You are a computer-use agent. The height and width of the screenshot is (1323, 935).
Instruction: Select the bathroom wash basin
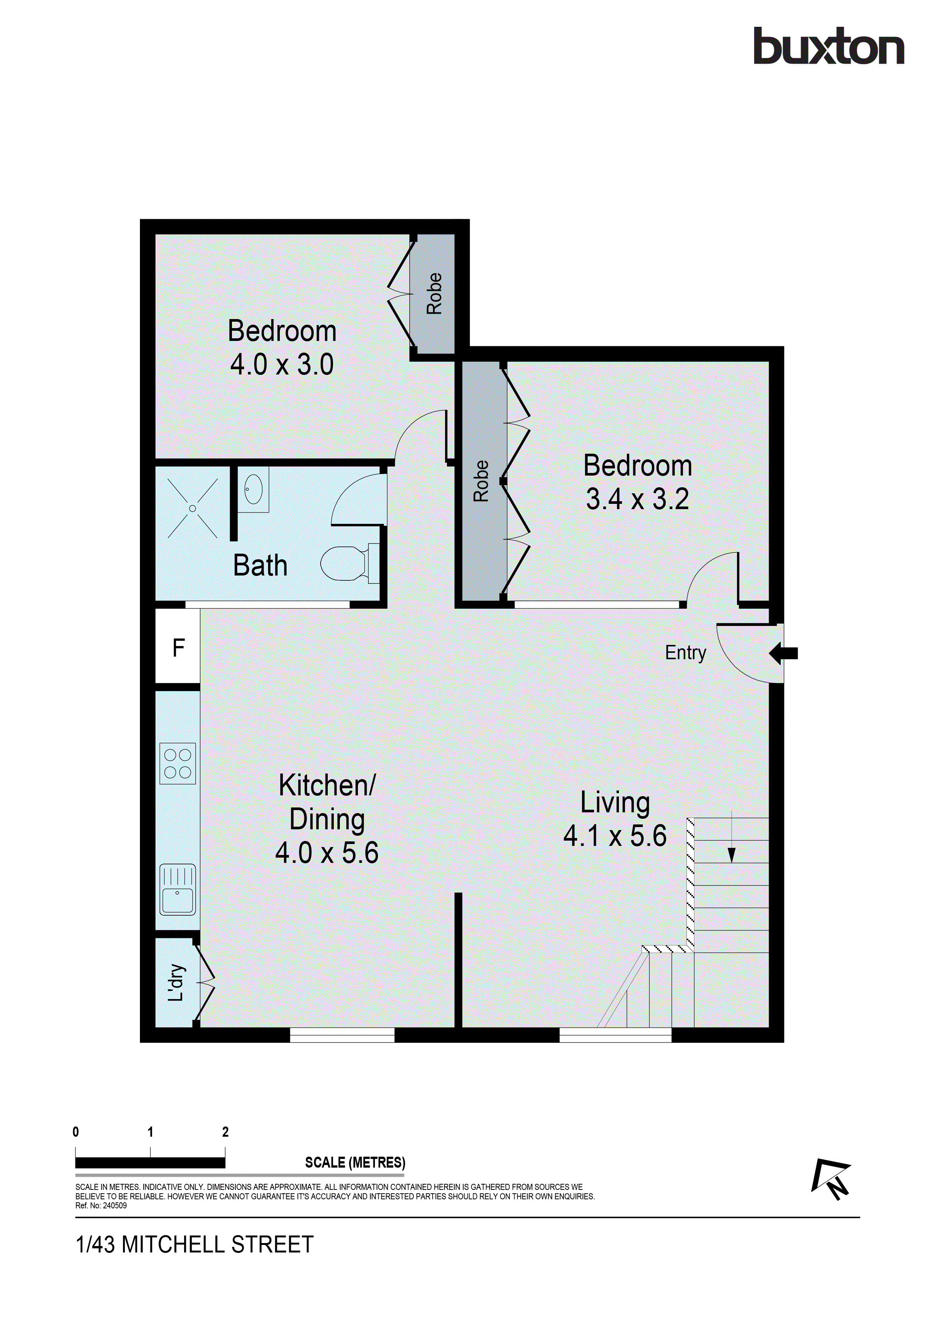click(253, 490)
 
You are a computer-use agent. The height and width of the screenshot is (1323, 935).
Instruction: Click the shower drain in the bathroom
click(192, 508)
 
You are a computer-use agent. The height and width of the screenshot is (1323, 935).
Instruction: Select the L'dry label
click(176, 982)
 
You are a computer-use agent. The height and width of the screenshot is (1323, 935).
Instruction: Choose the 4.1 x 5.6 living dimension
click(615, 836)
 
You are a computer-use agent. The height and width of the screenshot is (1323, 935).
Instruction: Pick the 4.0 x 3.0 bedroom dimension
click(282, 365)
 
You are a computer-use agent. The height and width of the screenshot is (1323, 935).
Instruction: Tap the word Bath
click(260, 565)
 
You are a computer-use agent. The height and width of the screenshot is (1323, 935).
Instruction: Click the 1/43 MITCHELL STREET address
click(195, 1244)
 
